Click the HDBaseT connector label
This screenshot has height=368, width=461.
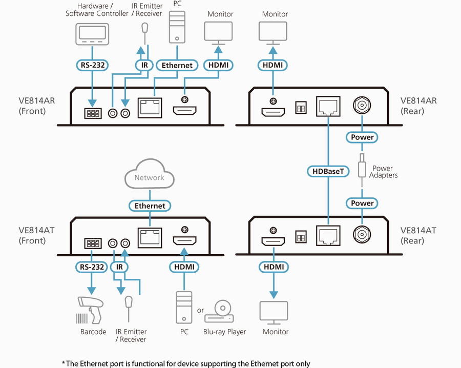point(328,171)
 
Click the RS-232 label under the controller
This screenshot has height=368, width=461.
point(92,65)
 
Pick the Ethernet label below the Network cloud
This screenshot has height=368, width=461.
point(150,206)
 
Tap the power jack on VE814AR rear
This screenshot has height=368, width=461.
point(362,107)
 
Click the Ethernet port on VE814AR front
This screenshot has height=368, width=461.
point(150,108)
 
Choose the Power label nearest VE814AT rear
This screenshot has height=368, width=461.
point(362,203)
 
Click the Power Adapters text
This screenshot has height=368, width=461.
point(383,172)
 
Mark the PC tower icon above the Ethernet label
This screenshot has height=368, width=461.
point(177,28)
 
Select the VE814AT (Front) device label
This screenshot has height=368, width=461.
point(36,235)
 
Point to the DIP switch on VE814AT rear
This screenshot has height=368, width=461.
point(301,236)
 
